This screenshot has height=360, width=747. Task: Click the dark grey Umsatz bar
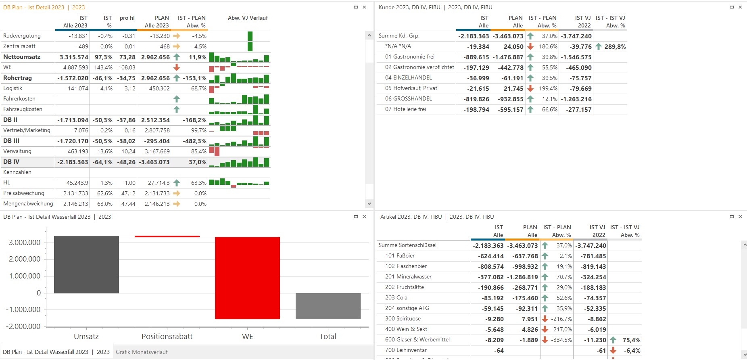tap(86, 264)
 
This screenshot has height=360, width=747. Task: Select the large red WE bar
tap(247, 278)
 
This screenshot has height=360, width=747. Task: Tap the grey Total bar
tap(328, 306)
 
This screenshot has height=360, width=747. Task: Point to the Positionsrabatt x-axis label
tap(167, 337)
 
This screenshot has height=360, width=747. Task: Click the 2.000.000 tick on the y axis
tap(25, 259)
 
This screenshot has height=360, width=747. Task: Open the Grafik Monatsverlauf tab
tap(142, 352)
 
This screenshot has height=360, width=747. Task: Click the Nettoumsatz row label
tap(22, 57)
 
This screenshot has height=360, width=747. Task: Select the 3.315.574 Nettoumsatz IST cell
tap(74, 57)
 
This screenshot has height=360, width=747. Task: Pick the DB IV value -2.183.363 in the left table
tap(73, 162)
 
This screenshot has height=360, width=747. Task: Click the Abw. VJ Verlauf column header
tap(248, 18)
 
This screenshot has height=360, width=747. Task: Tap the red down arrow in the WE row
tap(177, 67)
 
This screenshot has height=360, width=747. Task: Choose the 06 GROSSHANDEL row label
tap(408, 98)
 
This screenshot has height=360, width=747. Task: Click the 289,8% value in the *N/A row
tap(615, 47)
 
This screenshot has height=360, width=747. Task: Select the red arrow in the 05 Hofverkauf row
tap(530, 88)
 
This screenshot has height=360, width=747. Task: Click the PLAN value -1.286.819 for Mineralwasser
tap(522, 277)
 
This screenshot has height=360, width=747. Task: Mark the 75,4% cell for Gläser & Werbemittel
tap(631, 340)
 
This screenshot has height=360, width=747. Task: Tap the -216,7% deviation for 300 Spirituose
tap(561, 319)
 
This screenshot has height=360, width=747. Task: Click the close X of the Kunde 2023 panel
tap(740, 7)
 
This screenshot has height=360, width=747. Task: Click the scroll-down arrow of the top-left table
tap(369, 204)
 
